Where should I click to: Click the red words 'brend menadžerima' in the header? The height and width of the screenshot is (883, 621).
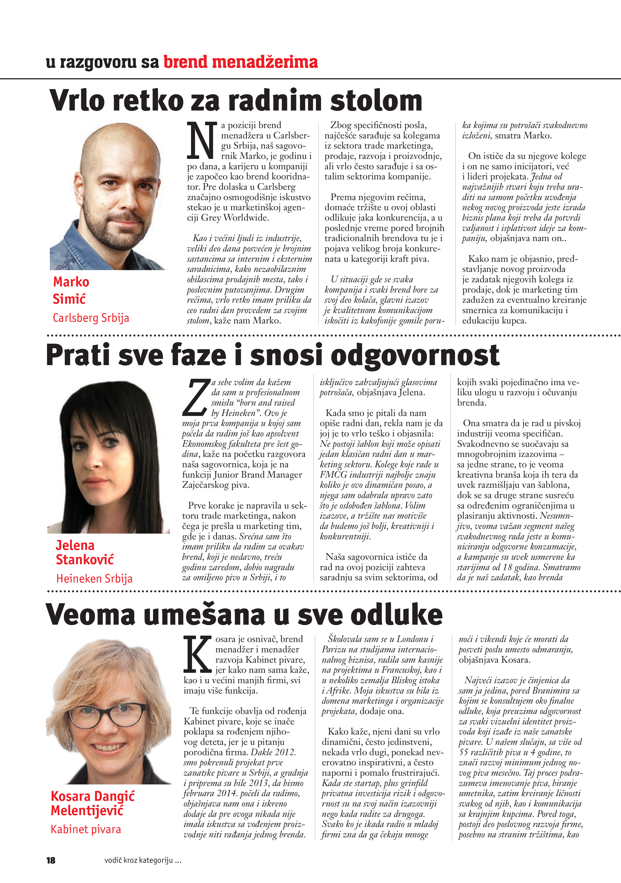[240, 62]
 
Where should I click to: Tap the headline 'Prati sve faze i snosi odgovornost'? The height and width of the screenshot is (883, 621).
[272, 355]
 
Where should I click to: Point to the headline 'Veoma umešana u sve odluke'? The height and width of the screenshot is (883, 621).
[244, 614]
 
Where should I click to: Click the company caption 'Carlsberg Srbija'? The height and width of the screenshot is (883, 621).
[91, 318]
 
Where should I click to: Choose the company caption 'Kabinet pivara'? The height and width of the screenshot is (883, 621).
[86, 829]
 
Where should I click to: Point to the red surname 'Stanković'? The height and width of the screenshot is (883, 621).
[85, 560]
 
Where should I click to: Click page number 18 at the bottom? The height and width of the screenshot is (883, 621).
[51, 860]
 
